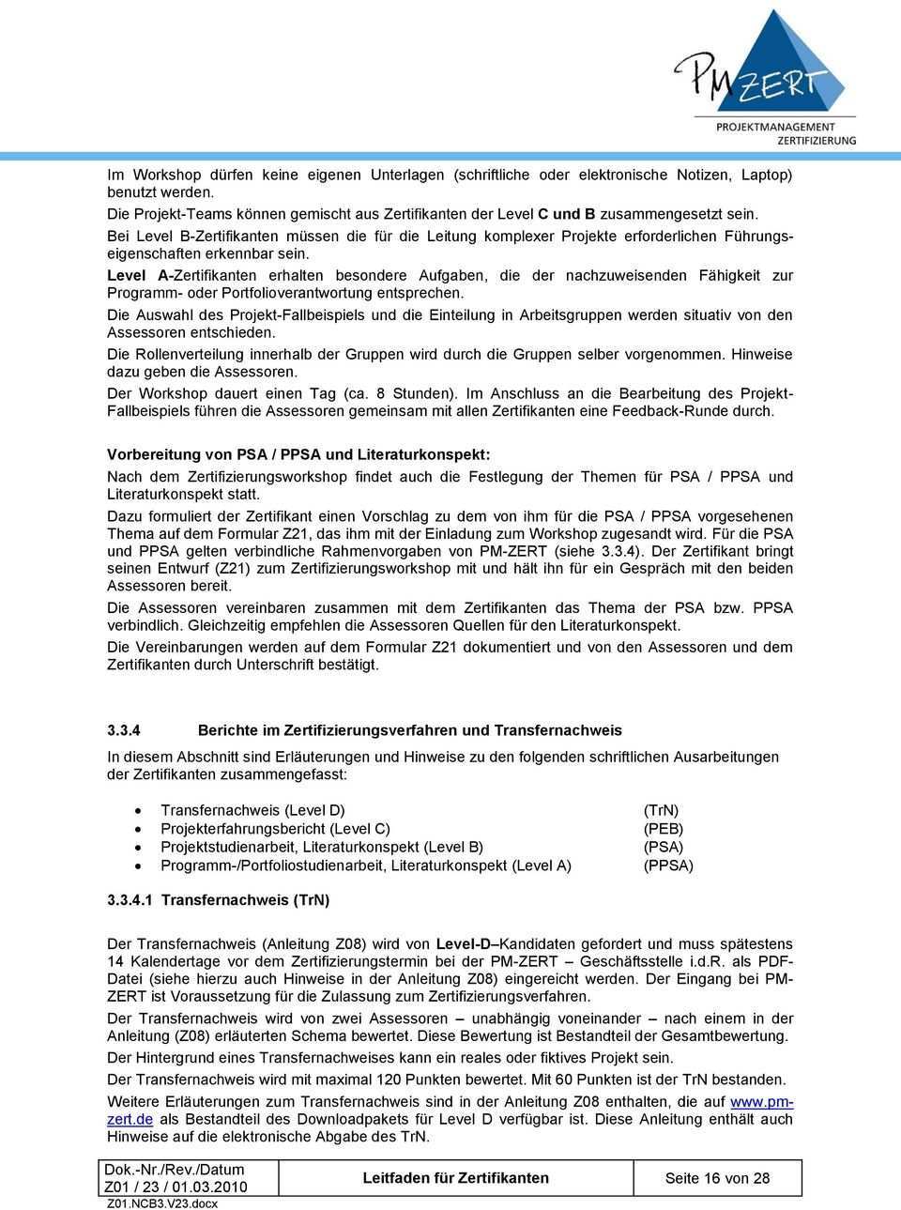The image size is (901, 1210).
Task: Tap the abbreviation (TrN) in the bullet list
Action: (661, 810)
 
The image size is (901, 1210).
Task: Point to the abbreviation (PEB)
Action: (663, 829)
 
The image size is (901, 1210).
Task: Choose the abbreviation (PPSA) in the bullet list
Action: (667, 865)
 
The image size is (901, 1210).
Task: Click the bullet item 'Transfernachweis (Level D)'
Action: (252, 810)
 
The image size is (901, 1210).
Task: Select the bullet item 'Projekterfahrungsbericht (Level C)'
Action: (275, 829)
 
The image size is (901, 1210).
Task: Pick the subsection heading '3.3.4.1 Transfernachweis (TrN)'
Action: (219, 899)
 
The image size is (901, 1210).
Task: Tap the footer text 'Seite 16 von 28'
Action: (717, 1178)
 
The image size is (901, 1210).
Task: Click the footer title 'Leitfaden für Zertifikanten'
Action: (456, 1178)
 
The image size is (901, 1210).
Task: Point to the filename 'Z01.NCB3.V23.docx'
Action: (162, 1202)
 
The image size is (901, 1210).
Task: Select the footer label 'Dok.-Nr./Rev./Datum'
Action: (175, 1170)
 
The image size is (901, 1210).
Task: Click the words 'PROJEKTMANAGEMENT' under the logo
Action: (775, 127)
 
